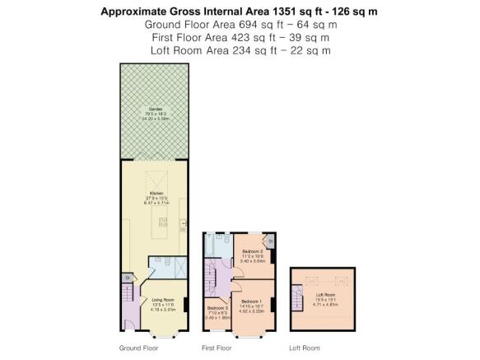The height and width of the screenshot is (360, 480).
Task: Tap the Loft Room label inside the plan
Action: click(x=325, y=294)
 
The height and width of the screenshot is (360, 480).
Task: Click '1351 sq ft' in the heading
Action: click(x=269, y=12)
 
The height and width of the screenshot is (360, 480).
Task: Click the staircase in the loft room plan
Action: click(x=296, y=295)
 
